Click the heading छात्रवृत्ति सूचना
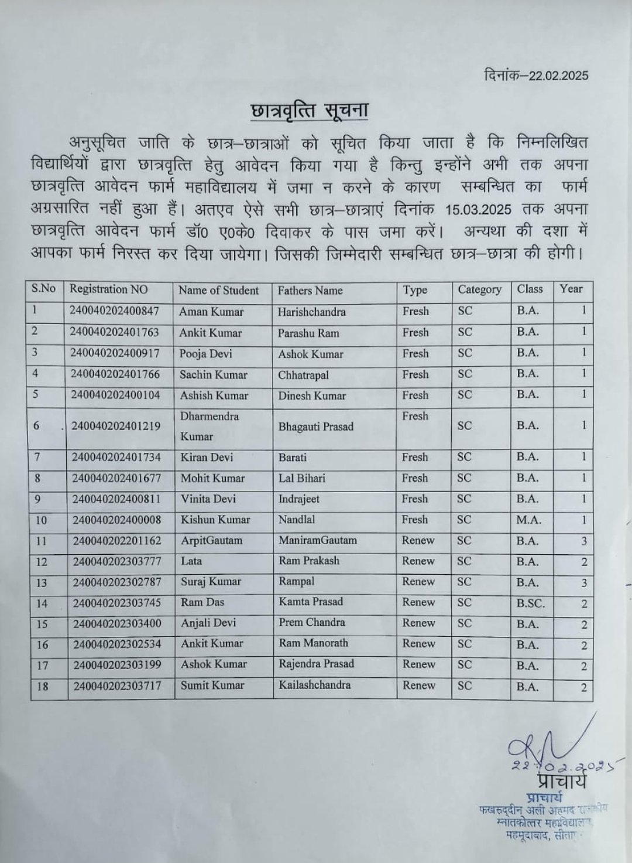point(309,112)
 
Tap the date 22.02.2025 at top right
point(558,76)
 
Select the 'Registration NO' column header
point(108,289)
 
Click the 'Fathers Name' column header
point(310,291)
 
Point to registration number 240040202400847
point(114,311)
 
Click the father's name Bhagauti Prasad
point(316,427)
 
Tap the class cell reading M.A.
point(528,520)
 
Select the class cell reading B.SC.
point(530,603)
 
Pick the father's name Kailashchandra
point(315,685)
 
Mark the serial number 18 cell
point(43,686)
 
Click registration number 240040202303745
point(116,603)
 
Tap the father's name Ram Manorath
point(313,643)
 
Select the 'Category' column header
point(479,289)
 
